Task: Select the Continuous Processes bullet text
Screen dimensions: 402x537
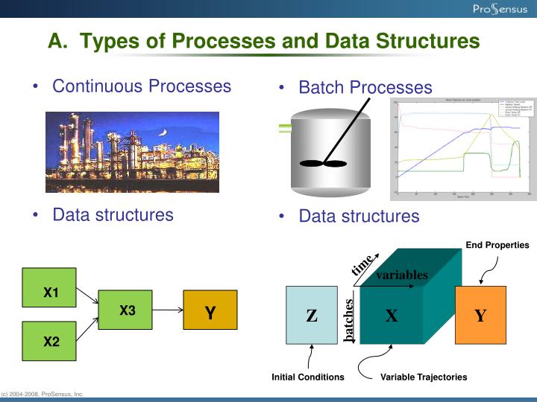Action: pyautogui.click(x=142, y=86)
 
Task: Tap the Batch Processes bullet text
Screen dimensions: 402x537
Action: pyautogui.click(x=365, y=88)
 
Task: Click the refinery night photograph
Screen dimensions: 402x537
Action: pyautogui.click(x=132, y=152)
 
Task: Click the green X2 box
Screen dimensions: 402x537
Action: pyautogui.click(x=50, y=342)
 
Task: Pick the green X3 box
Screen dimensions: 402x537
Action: pyautogui.click(x=127, y=310)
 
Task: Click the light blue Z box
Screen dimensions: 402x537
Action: pyautogui.click(x=312, y=315)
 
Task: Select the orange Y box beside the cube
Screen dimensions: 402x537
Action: pyautogui.click(x=480, y=315)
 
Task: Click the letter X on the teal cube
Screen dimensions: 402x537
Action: pyautogui.click(x=391, y=316)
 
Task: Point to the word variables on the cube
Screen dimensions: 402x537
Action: pyautogui.click(x=401, y=275)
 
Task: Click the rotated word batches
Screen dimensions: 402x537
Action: pyautogui.click(x=349, y=319)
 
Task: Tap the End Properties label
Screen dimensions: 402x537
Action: pyautogui.click(x=497, y=245)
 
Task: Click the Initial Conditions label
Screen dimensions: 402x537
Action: pyautogui.click(x=308, y=377)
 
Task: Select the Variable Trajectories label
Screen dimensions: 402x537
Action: pyautogui.click(x=424, y=377)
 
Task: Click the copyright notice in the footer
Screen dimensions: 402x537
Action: pyautogui.click(x=43, y=394)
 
